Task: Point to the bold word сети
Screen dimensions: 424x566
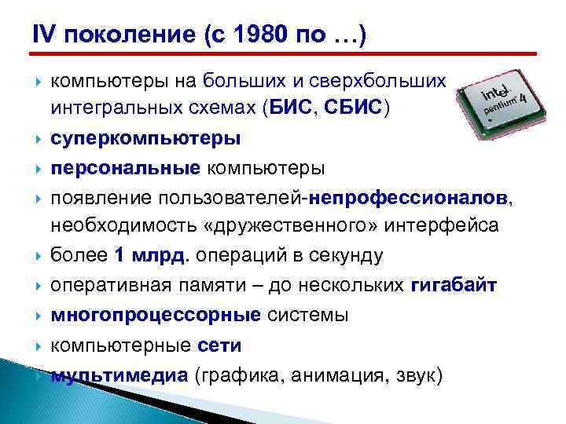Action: click(219, 345)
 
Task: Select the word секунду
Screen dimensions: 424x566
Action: click(343, 256)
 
